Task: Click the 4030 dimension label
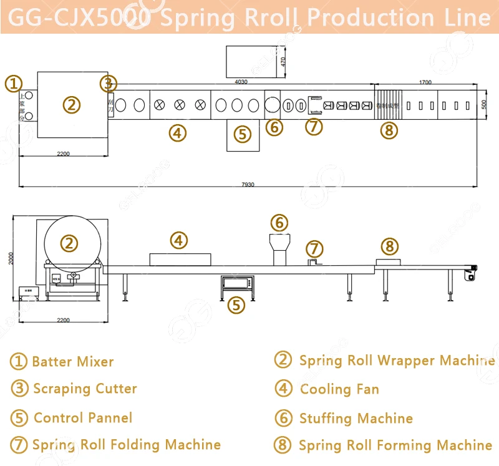click(x=241, y=81)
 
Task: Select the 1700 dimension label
click(x=425, y=81)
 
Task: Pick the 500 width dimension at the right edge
click(x=483, y=104)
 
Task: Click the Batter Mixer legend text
click(x=72, y=362)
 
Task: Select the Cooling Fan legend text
click(x=339, y=389)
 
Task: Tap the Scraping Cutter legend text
click(x=85, y=389)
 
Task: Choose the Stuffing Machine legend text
click(x=356, y=418)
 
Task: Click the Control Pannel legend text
click(x=83, y=417)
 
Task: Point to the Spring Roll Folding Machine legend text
click(x=127, y=445)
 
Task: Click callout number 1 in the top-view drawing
click(x=14, y=82)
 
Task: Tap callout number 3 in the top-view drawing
click(x=108, y=82)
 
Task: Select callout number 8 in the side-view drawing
click(x=389, y=246)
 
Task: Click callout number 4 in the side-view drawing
click(x=179, y=240)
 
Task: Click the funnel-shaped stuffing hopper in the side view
click(x=279, y=246)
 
